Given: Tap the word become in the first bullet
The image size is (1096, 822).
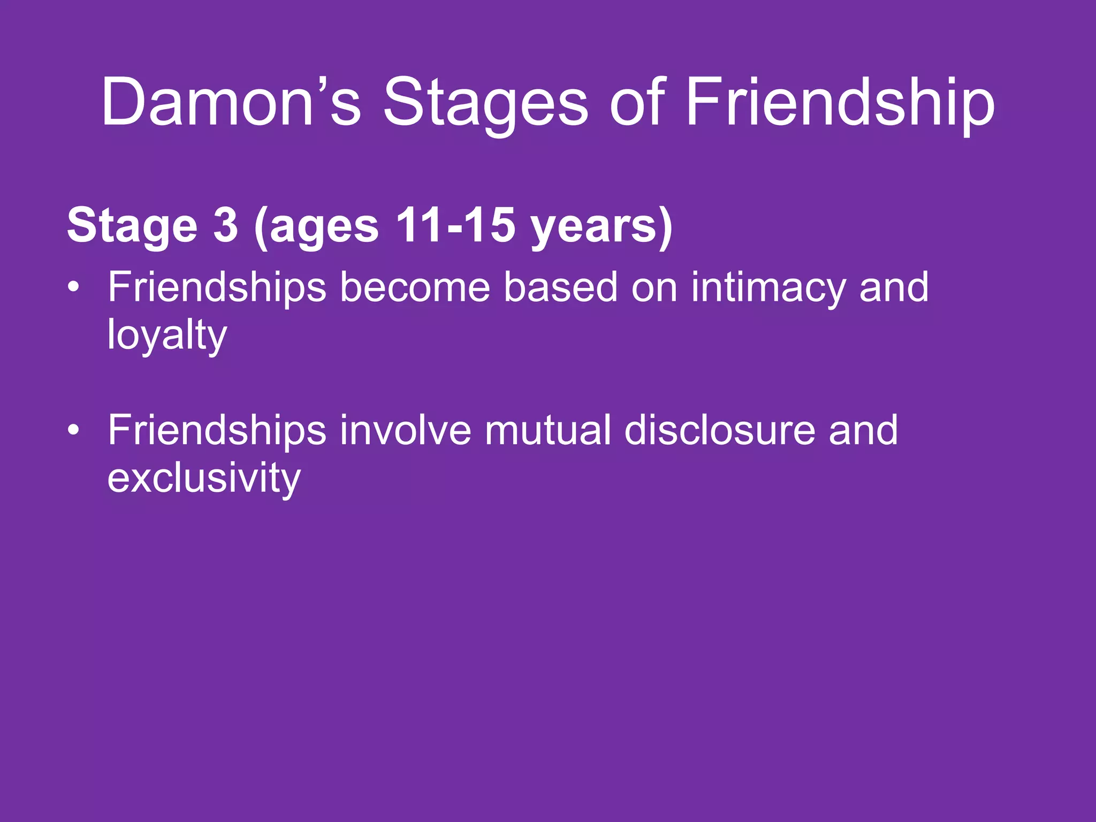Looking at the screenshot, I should (x=415, y=287).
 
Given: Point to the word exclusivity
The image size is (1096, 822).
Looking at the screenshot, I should (x=203, y=478).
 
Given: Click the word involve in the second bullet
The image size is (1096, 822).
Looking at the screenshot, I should (x=405, y=430).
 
